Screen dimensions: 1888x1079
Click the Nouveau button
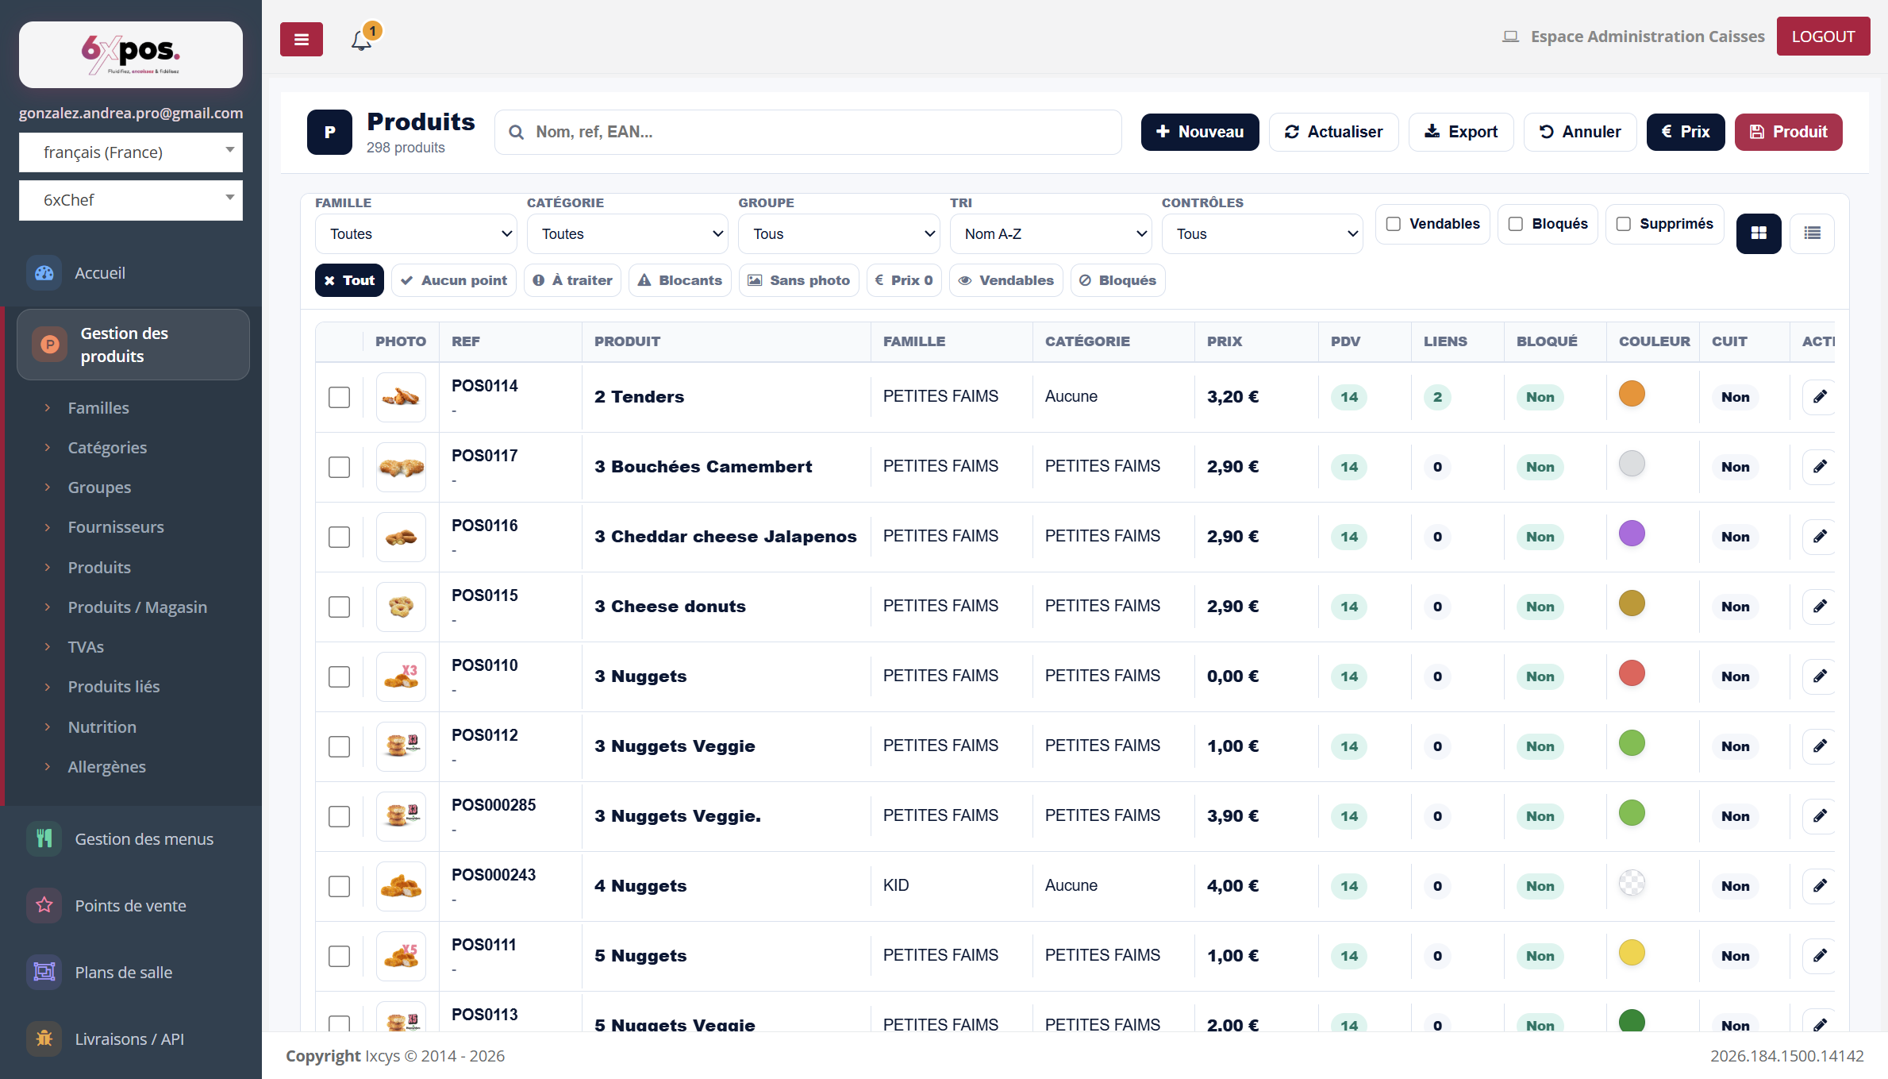pyautogui.click(x=1199, y=132)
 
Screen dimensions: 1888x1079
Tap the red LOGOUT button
pyautogui.click(x=1823, y=37)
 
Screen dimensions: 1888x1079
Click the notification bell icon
pyautogui.click(x=362, y=40)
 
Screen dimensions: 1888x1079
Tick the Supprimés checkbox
pyautogui.click(x=1624, y=224)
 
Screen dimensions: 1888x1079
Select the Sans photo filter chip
pyautogui.click(x=799, y=280)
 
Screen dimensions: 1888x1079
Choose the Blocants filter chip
pyautogui.click(x=680, y=280)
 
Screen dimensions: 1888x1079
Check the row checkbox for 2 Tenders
pyautogui.click(x=339, y=397)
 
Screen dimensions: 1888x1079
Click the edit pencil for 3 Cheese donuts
pyautogui.click(x=1820, y=607)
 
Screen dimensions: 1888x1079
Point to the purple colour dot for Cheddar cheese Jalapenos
pyautogui.click(x=1632, y=534)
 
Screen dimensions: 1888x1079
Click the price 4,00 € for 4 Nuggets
pyautogui.click(x=1232, y=886)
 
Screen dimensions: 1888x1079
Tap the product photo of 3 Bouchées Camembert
pyautogui.click(x=401, y=467)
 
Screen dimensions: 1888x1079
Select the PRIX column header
pyautogui.click(x=1225, y=341)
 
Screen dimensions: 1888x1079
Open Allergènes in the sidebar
pyautogui.click(x=107, y=767)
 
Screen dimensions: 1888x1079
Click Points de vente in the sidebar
pyautogui.click(x=131, y=906)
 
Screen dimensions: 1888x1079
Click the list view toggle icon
pyautogui.click(x=1812, y=233)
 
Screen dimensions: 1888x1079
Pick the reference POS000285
pyautogui.click(x=494, y=805)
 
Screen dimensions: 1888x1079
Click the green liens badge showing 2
pyautogui.click(x=1437, y=397)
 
